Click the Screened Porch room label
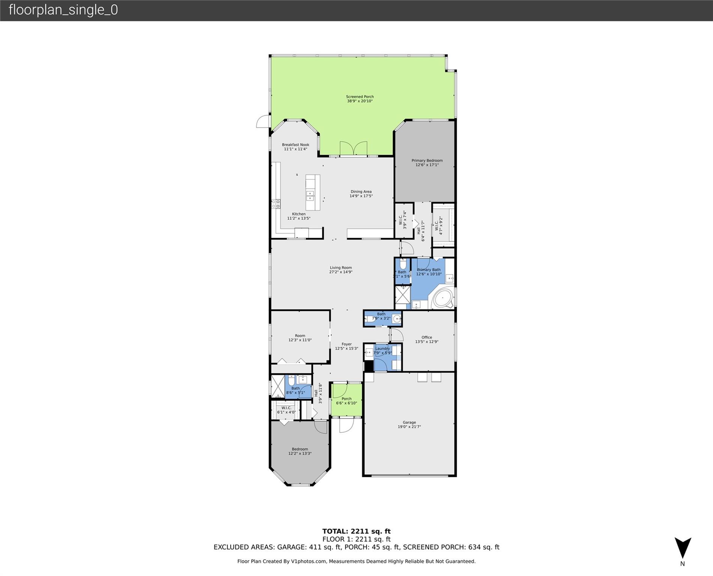tap(360, 97)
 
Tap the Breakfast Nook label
tap(295, 145)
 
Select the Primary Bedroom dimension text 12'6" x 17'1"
tap(427, 165)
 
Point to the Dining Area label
tap(361, 192)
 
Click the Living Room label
tap(341, 268)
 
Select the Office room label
tap(427, 337)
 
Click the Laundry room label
tap(382, 348)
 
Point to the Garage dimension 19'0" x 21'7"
tap(409, 427)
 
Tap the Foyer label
tap(346, 344)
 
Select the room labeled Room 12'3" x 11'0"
tap(300, 338)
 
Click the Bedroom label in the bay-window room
tap(300, 449)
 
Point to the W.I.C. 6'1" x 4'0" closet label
tap(286, 410)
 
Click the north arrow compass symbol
tap(683, 549)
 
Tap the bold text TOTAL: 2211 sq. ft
tap(356, 531)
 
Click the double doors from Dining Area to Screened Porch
tap(353, 148)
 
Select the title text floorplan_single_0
tap(63, 10)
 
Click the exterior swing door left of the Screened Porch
tap(263, 122)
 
